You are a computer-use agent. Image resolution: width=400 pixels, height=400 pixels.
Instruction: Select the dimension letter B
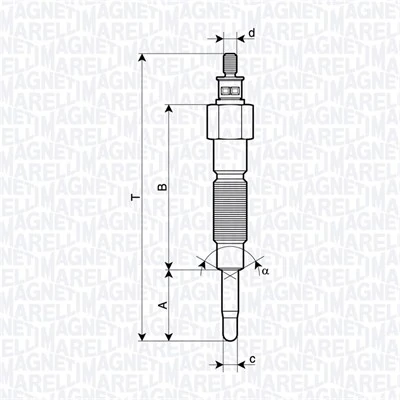click(160, 187)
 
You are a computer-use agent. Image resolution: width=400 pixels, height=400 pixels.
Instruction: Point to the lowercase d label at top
click(252, 33)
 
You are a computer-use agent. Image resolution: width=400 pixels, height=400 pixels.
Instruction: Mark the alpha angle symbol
click(264, 270)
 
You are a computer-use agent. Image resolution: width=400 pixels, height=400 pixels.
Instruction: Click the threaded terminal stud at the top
click(230, 65)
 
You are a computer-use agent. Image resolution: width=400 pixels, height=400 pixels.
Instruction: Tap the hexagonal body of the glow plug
click(230, 125)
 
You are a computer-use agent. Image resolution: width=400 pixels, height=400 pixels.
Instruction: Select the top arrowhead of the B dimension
click(170, 108)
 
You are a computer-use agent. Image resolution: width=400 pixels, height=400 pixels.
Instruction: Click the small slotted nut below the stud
click(230, 89)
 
